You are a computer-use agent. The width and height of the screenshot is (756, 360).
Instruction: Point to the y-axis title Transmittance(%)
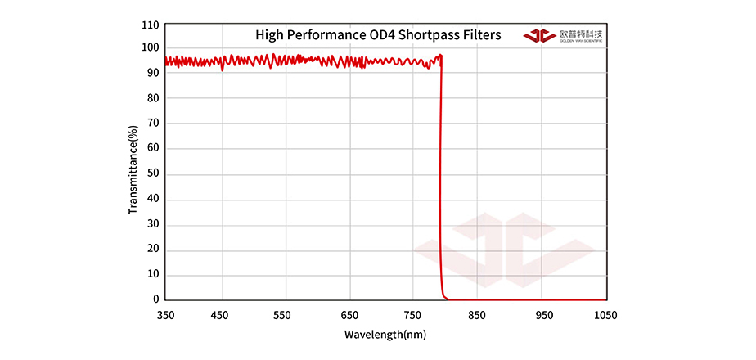point(133,169)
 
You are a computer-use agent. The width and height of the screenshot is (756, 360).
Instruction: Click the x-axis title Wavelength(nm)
point(385,335)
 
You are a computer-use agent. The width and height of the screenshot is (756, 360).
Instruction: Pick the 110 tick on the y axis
point(150,25)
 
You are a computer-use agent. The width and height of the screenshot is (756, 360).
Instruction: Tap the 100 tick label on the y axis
point(150,47)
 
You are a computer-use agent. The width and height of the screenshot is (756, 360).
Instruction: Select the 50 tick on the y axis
point(152,174)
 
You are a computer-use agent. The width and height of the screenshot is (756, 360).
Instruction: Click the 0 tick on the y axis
point(155,300)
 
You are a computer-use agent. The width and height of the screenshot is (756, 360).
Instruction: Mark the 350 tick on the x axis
point(165,315)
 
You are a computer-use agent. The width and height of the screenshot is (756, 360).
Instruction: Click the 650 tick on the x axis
point(350,315)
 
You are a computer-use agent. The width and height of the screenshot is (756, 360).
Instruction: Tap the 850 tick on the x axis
point(477,315)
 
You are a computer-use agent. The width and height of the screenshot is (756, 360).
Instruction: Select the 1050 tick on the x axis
point(605,315)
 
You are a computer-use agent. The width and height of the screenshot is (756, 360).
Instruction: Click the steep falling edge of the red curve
point(441,180)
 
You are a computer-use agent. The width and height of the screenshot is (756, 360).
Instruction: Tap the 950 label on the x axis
point(542,315)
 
